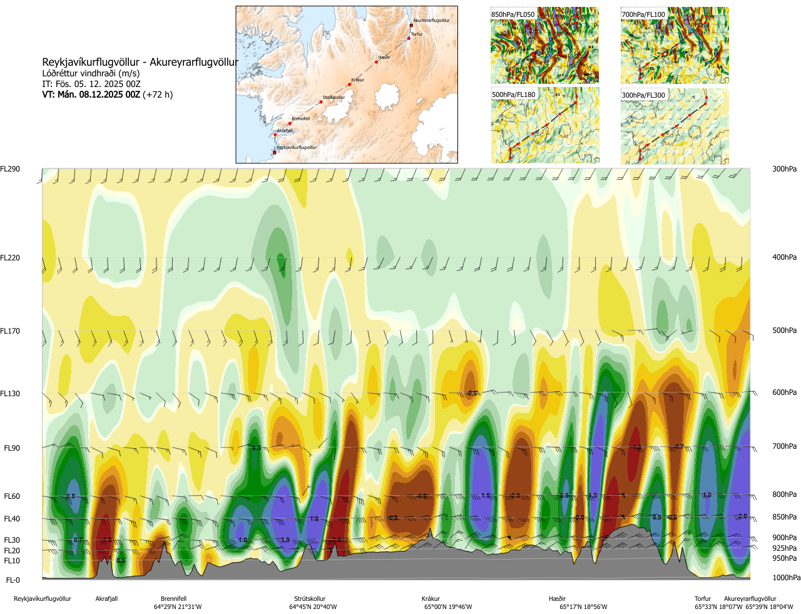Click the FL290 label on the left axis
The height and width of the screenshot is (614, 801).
[10, 169]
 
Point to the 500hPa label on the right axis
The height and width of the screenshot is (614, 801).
[784, 330]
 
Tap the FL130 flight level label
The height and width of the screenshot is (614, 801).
[10, 394]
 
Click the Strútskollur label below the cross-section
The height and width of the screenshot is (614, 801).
[310, 599]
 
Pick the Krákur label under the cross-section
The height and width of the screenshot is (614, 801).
[431, 599]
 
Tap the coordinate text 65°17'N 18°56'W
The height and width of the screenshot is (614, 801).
[583, 607]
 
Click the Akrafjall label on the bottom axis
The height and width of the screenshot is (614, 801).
[106, 599]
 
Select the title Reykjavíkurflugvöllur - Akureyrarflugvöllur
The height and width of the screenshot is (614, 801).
[140, 63]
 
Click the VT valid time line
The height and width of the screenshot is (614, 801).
[107, 95]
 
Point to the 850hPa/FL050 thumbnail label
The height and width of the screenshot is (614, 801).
[513, 14]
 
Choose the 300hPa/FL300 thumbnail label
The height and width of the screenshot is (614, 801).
[643, 95]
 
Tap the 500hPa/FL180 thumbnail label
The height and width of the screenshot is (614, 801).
[514, 95]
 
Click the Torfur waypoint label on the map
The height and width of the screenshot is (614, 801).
[417, 34]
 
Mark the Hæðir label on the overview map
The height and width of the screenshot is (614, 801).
[384, 58]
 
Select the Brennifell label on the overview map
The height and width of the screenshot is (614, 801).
[300, 119]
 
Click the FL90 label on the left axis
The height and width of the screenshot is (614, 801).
[12, 448]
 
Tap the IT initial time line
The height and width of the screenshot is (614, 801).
[91, 84]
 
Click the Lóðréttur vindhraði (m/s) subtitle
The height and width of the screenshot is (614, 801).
[91, 73]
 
